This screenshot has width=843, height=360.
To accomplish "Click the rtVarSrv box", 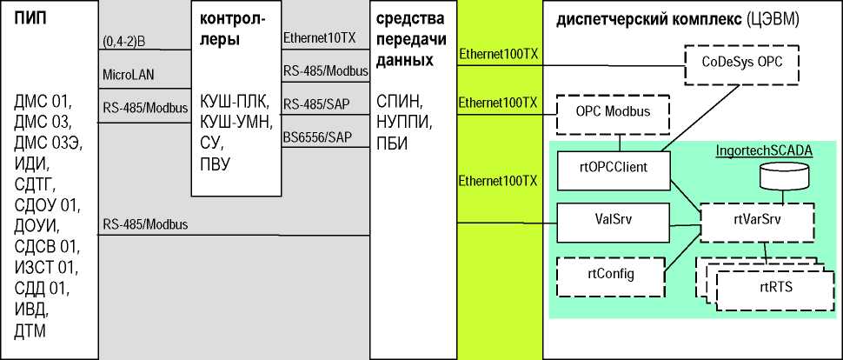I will click(757, 219).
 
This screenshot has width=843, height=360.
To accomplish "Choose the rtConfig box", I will click(609, 274).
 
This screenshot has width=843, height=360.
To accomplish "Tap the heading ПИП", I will click(32, 19).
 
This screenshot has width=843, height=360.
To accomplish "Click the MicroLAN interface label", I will click(129, 75).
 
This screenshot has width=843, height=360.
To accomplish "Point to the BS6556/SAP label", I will click(317, 137).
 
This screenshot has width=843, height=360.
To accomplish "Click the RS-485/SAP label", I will click(317, 103).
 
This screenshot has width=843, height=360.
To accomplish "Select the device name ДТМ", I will click(30, 330).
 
